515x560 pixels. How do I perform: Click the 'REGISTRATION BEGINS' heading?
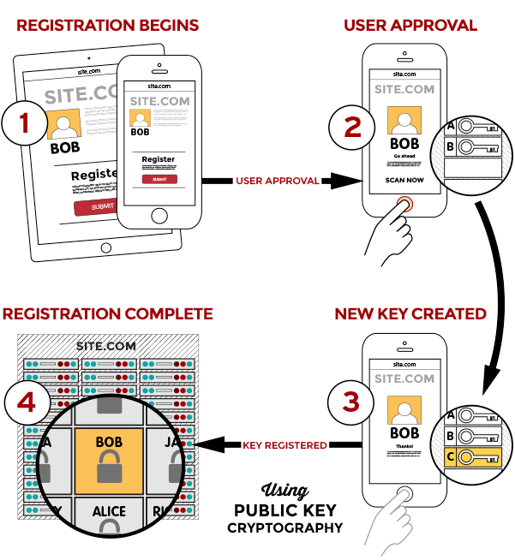coord(107,25)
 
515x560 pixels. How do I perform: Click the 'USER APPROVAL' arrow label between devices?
coord(277,181)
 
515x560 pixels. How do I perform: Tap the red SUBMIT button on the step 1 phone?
coord(159,179)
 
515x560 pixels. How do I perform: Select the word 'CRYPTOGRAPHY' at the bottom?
coord(284,527)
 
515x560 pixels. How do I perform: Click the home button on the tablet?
coord(106,247)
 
